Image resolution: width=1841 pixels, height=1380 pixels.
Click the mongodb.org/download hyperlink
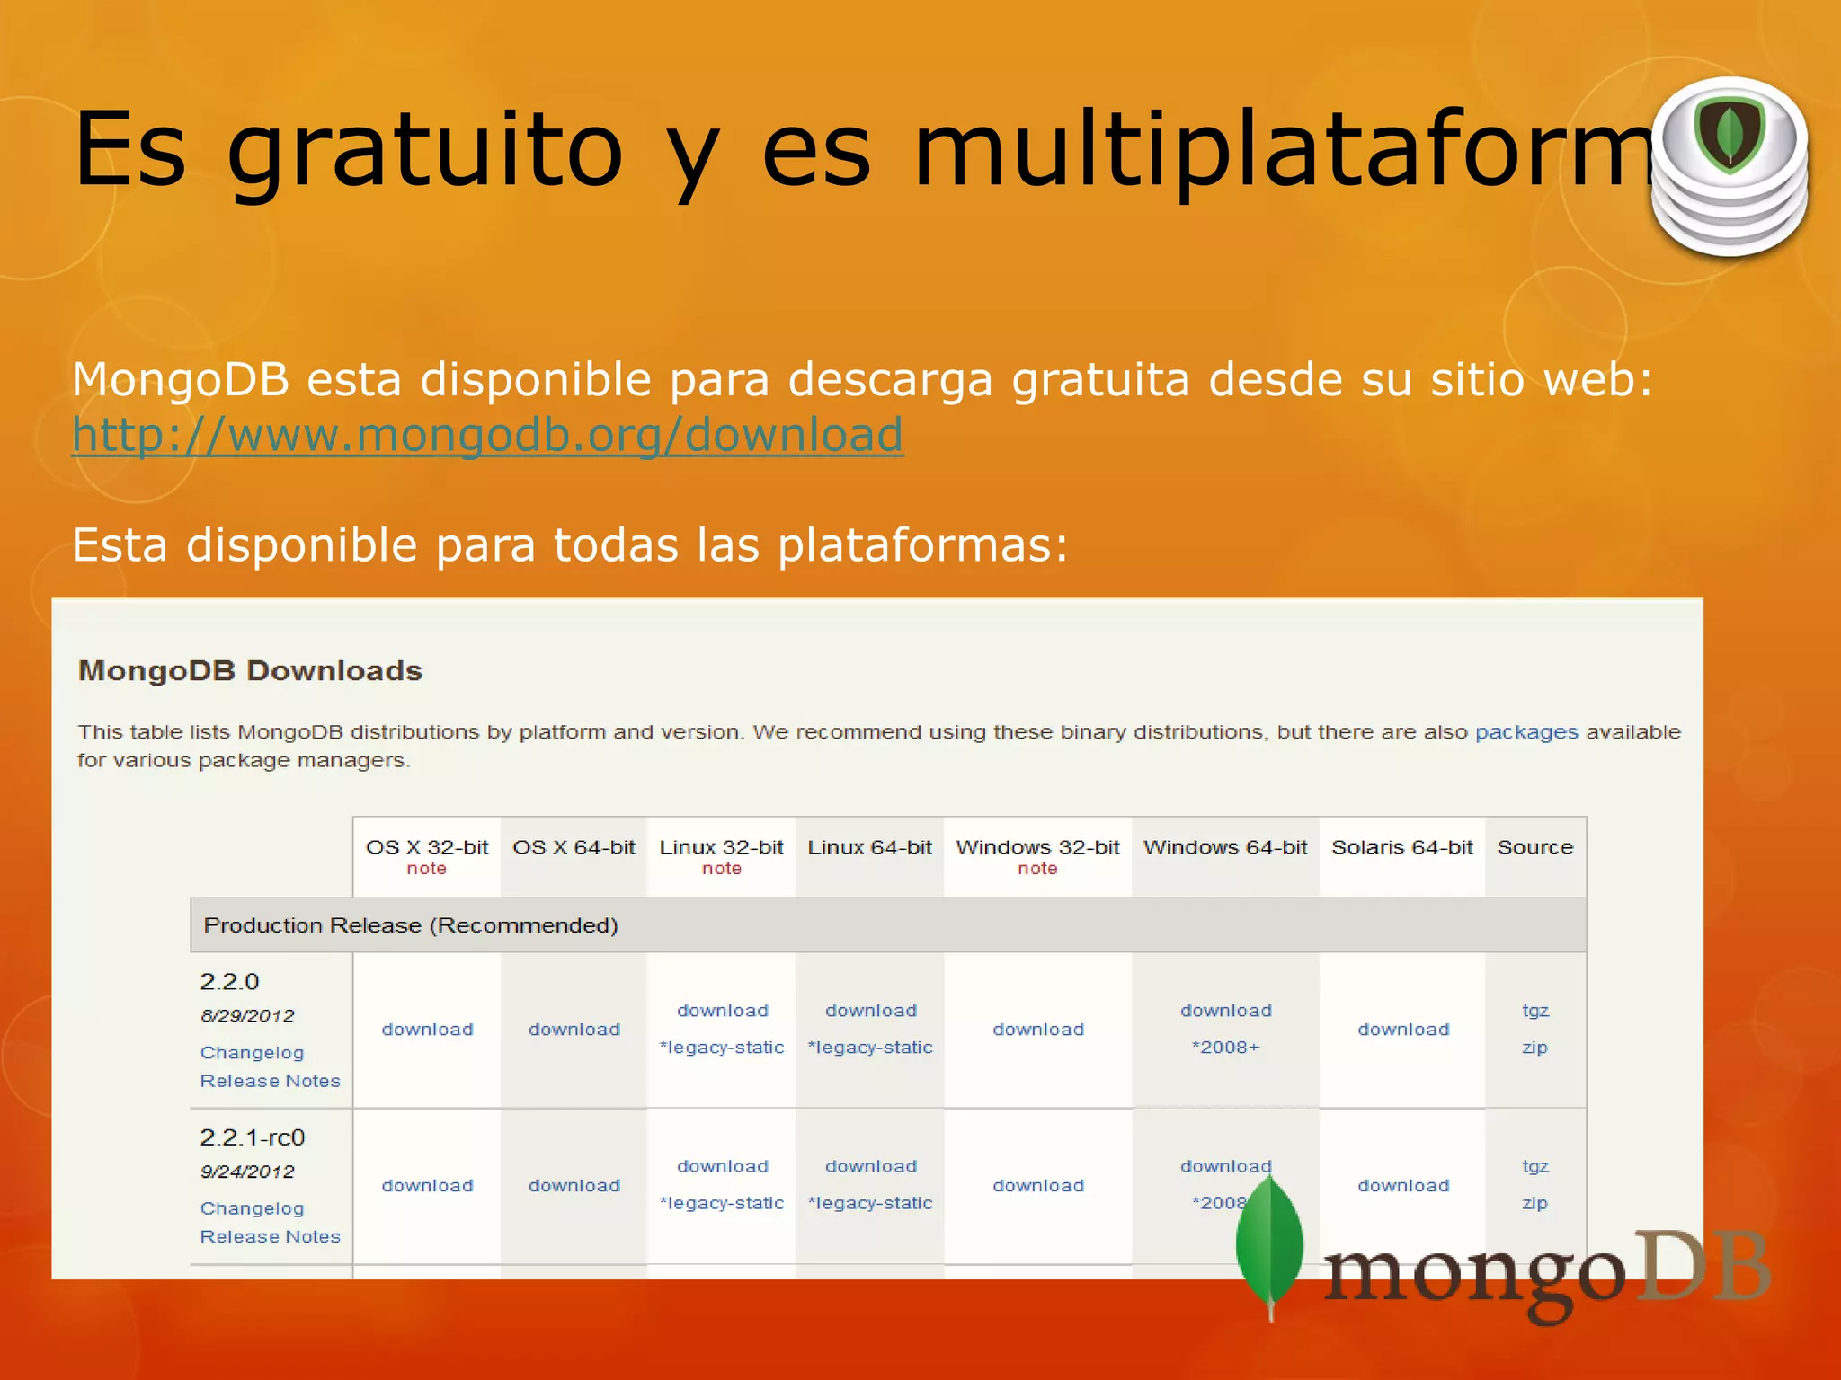coord(487,436)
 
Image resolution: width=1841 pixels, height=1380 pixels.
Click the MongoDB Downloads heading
coord(250,671)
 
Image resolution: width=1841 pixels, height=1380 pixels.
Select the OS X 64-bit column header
coord(574,847)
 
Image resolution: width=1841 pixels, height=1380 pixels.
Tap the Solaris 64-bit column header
coord(1401,847)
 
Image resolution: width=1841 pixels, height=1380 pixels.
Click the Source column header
coord(1534,847)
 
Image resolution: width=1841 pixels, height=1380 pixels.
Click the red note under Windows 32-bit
coord(1037,869)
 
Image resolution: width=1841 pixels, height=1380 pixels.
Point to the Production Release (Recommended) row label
coord(411,925)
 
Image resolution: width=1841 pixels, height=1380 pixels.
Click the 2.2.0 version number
coord(229,981)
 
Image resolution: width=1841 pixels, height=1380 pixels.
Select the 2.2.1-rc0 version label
coord(253,1137)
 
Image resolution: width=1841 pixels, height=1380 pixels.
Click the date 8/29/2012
coord(247,1016)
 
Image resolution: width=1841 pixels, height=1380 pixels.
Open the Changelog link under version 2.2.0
coord(252,1053)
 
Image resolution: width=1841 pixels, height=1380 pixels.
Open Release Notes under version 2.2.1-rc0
coord(270,1237)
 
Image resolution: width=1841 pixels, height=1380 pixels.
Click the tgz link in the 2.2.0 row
coord(1534,1011)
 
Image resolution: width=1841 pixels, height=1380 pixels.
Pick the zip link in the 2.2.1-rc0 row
coord(1534,1203)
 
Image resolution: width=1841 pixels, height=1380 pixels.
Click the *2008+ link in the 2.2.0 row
coord(1225,1048)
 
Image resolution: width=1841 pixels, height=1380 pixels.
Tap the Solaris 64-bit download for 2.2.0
coord(1402,1030)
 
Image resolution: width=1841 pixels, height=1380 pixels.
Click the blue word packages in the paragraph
coord(1526,732)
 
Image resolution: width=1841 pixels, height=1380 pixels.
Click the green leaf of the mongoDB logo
coord(1269,1244)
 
